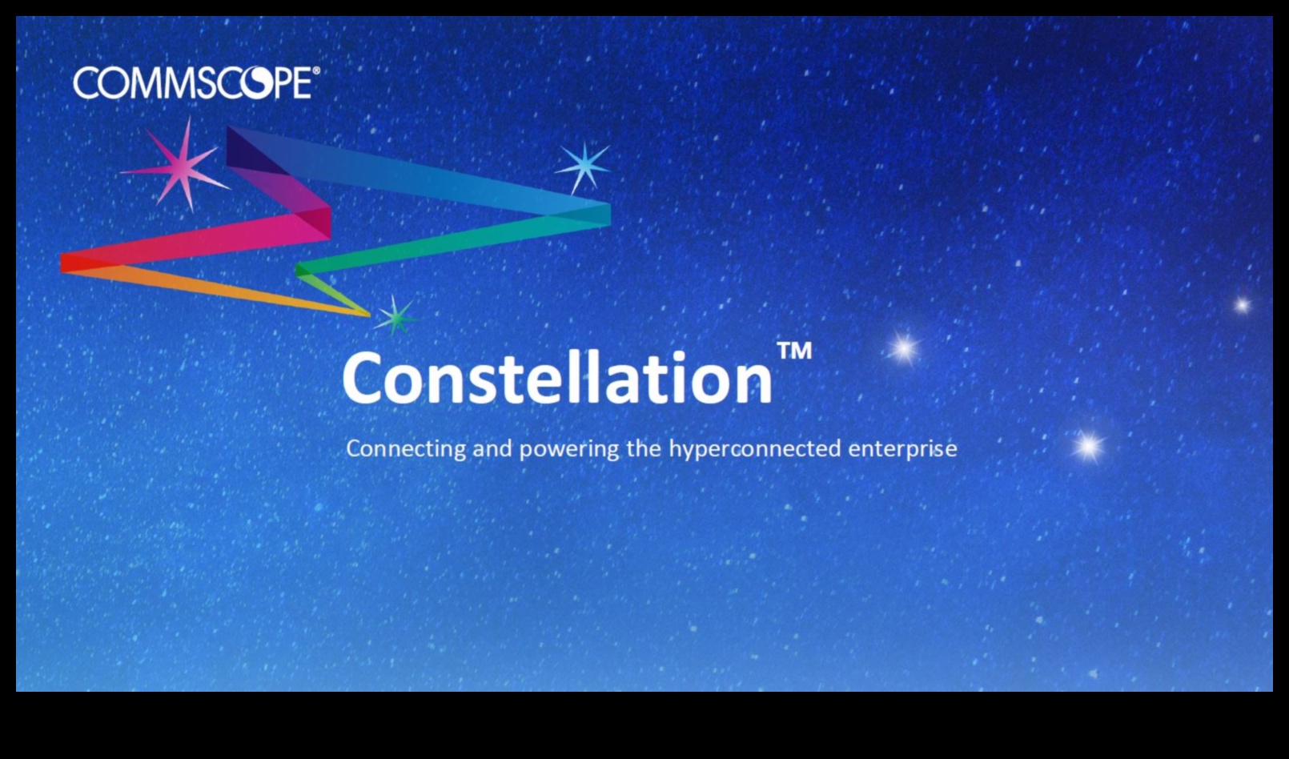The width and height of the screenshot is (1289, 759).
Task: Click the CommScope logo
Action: pos(196,82)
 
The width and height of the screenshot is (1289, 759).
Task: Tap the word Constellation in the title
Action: pos(557,377)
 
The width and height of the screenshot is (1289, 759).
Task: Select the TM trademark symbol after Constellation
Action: pos(794,351)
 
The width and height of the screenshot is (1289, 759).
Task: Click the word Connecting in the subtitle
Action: pos(406,449)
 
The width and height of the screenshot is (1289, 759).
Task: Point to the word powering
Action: pos(569,449)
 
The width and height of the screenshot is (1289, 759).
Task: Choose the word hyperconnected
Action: pos(755,449)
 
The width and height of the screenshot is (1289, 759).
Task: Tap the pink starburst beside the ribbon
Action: pos(179,165)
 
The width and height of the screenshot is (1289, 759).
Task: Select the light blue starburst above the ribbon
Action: pos(584,167)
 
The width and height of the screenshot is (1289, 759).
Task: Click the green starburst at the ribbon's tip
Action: pos(395,317)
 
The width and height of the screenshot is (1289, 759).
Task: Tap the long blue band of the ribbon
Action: pos(415,173)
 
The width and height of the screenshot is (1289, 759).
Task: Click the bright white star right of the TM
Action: pos(904,348)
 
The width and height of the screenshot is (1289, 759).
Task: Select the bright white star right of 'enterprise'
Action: pos(1088,446)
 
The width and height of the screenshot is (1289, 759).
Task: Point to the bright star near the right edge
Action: pos(1243,305)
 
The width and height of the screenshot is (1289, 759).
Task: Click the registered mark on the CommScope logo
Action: pos(315,70)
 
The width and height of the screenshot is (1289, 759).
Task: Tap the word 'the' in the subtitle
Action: pos(644,448)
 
